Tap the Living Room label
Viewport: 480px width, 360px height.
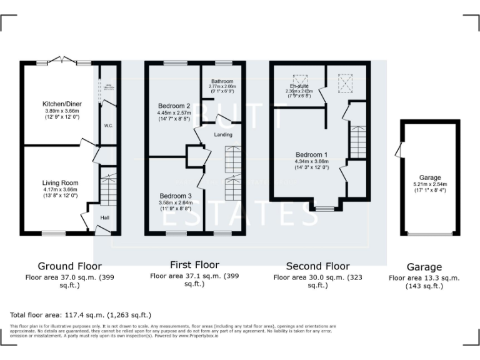(60, 182)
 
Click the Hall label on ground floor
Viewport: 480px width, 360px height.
(106, 217)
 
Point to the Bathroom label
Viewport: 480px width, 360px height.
(222, 82)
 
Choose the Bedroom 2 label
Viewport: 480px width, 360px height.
(174, 106)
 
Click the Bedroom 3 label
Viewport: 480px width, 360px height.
(174, 195)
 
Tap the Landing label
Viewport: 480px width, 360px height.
(223, 134)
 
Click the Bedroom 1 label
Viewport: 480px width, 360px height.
(312, 154)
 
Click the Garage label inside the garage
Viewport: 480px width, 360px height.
(430, 177)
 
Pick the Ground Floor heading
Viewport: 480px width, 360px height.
(69, 266)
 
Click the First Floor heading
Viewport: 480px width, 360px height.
(194, 264)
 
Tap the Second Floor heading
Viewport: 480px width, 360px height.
(317, 266)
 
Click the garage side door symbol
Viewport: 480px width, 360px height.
(397, 150)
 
